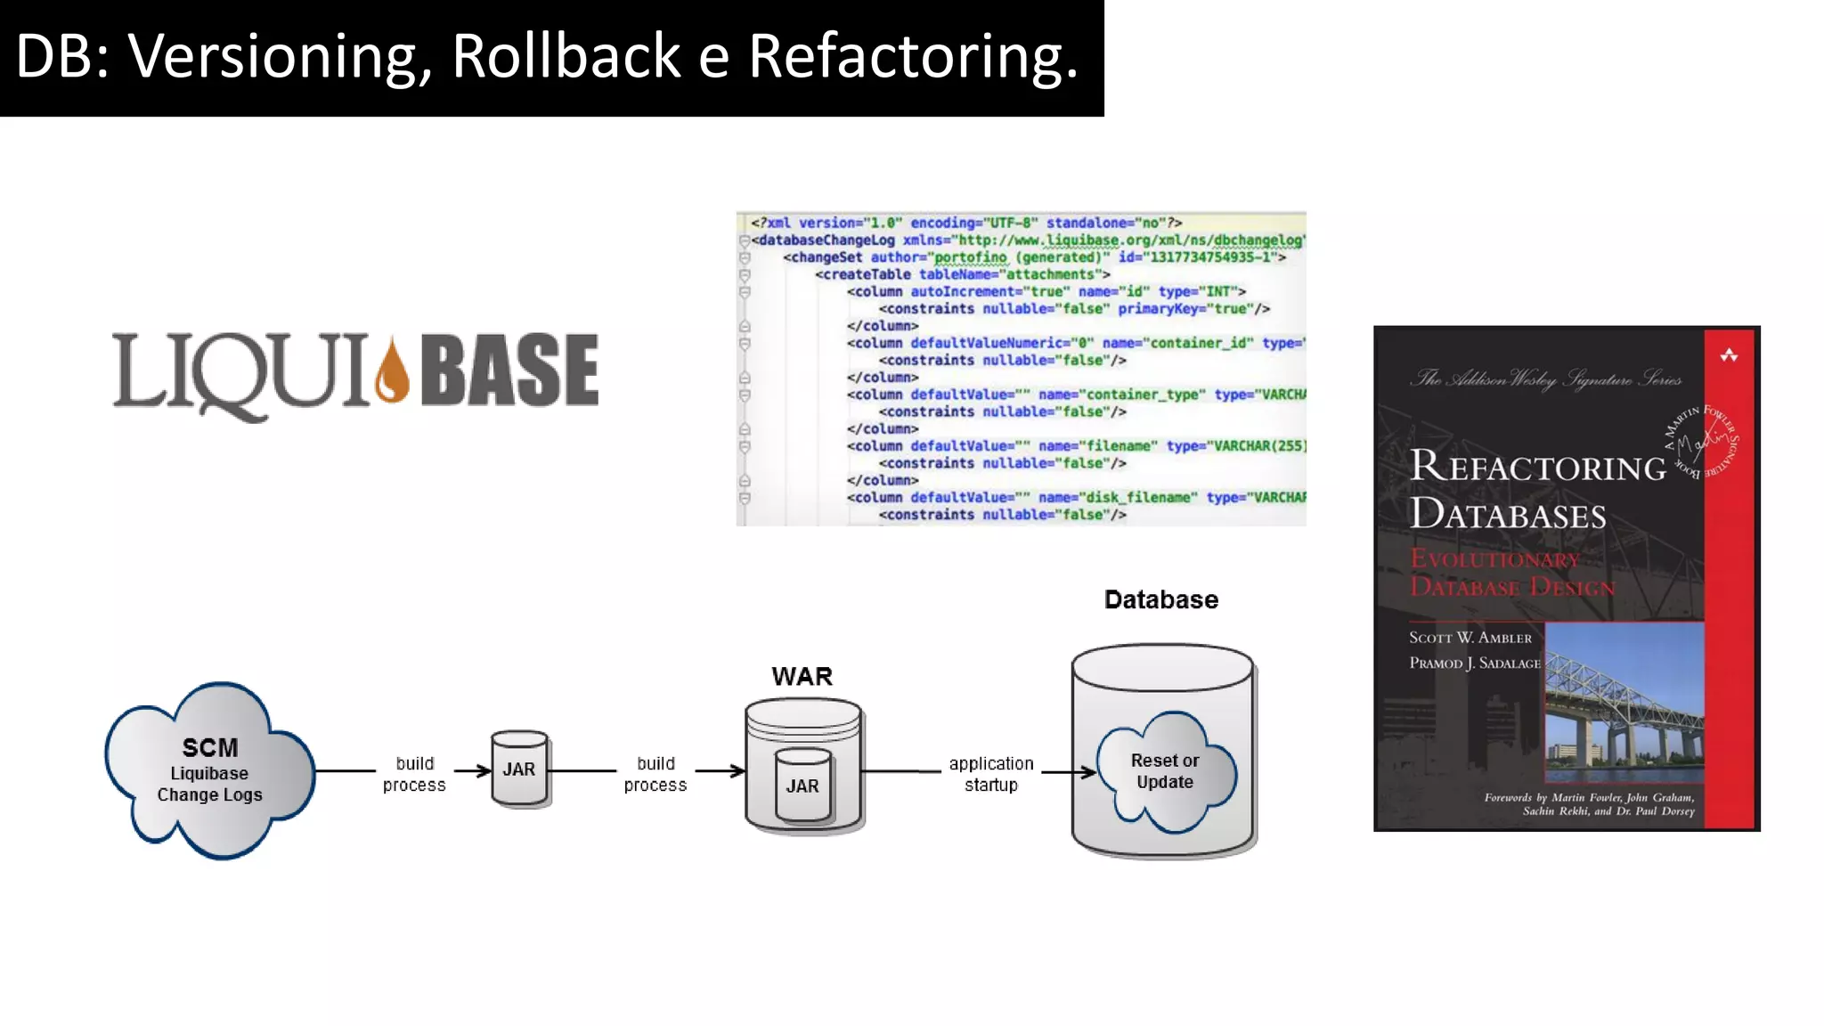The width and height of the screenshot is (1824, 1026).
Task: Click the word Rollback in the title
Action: tap(567, 56)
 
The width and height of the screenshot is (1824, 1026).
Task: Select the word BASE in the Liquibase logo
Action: tap(509, 370)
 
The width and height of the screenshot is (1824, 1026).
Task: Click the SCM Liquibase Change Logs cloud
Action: tap(209, 770)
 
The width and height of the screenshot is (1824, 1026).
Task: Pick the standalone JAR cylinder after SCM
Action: tap(519, 769)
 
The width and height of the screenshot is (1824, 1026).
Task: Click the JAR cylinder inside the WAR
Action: tap(802, 785)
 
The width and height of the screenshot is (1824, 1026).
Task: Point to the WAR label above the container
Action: tap(802, 677)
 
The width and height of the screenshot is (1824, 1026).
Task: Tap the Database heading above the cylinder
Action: tap(1160, 600)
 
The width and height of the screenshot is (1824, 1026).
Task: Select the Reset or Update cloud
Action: tap(1165, 771)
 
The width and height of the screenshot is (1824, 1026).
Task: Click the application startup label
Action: tap(990, 774)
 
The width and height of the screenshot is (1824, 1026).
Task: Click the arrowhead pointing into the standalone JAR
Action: tap(484, 770)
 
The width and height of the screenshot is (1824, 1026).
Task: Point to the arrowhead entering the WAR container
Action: tap(737, 770)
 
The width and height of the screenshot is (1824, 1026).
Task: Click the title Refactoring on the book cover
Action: tap(1537, 467)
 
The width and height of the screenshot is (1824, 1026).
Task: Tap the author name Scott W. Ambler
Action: tap(1470, 638)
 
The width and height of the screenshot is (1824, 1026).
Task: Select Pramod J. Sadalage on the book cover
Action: tap(1474, 664)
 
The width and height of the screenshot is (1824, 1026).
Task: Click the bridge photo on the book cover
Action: tap(1623, 704)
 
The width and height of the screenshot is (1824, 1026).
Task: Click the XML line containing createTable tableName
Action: tap(962, 274)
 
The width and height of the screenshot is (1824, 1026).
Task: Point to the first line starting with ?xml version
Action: tap(965, 223)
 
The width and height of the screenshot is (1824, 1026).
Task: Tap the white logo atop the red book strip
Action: tap(1729, 355)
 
